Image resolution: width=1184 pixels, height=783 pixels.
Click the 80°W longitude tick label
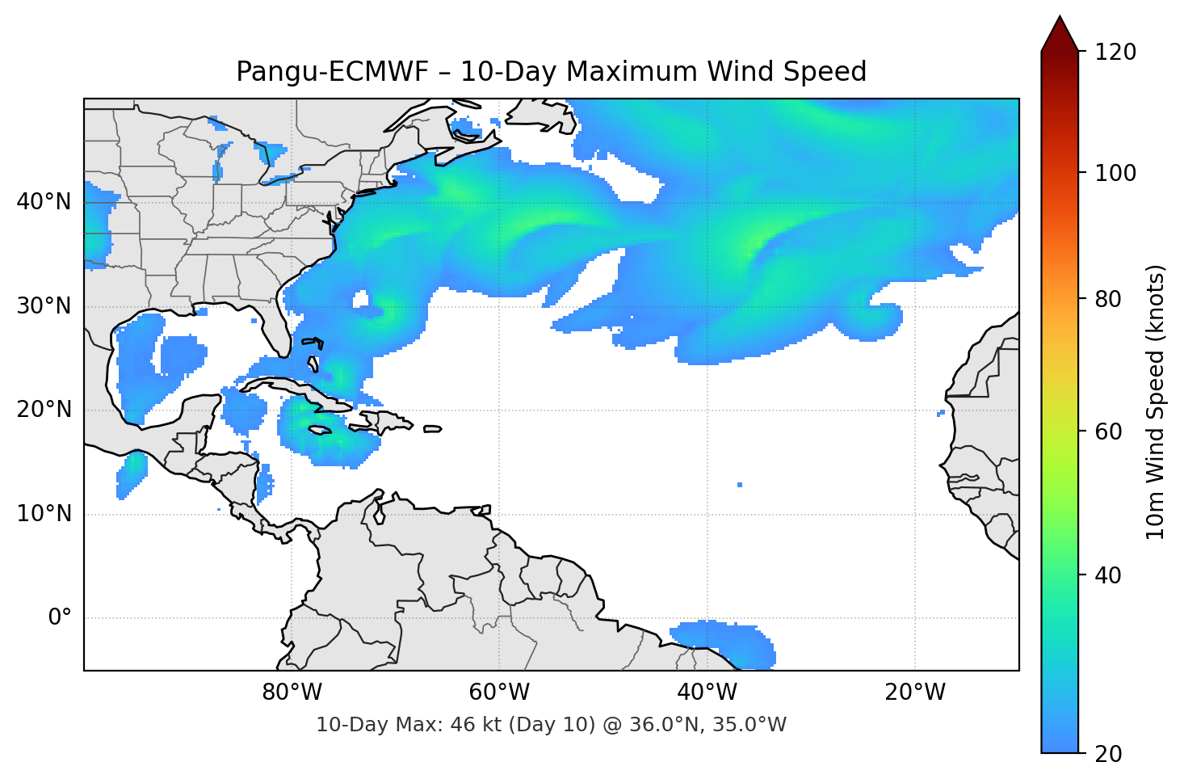coord(292,692)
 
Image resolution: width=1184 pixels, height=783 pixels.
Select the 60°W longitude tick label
coord(499,692)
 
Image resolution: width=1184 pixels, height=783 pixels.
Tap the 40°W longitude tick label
coord(707,692)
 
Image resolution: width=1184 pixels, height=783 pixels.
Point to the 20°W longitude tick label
coord(914,692)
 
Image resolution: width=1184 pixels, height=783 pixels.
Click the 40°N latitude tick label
coord(44,202)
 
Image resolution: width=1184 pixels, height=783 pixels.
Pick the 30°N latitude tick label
coord(44,306)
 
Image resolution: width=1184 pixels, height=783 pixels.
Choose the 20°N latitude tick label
coord(44,410)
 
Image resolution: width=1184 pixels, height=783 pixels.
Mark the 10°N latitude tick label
coord(44,514)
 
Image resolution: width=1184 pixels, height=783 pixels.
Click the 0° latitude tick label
coord(60,618)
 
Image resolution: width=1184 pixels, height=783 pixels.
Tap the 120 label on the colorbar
coord(1115,52)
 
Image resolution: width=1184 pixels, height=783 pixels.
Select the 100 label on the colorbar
coord(1115,173)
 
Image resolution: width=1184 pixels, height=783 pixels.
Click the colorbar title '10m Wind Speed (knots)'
coord(1156,402)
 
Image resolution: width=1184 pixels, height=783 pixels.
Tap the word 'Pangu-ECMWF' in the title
coord(332,72)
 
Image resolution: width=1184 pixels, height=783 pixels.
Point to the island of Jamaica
coord(321,430)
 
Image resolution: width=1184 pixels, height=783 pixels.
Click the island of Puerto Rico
coord(432,429)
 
